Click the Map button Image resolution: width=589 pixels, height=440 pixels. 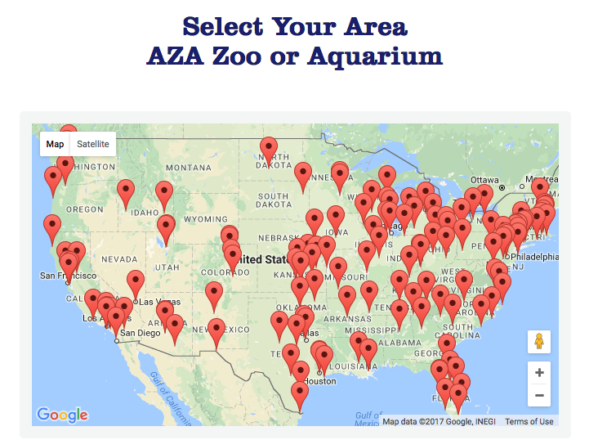click(x=55, y=144)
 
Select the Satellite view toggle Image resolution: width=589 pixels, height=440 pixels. click(x=92, y=144)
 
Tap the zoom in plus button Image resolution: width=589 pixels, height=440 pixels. click(x=539, y=372)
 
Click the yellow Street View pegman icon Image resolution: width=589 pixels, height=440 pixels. click(x=539, y=341)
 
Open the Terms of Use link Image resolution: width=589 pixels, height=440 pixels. click(x=529, y=422)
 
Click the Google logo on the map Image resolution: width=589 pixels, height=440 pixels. click(x=62, y=415)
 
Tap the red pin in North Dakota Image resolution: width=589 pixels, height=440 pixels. click(x=268, y=149)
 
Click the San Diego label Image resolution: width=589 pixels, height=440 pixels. click(x=140, y=333)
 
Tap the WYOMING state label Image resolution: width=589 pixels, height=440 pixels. click(x=205, y=219)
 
